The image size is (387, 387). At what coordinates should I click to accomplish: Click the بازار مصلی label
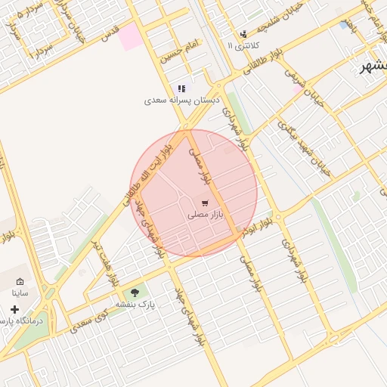[206, 215]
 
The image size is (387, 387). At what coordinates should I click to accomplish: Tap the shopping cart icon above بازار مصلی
[205, 203]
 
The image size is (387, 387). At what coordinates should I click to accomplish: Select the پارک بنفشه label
[135, 304]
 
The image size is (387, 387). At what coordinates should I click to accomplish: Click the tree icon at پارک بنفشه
[135, 293]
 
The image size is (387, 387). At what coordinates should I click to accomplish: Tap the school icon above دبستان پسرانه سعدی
[181, 88]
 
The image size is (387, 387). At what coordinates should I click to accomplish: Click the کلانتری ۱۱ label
[241, 45]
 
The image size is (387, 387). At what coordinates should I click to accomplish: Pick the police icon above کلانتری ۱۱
[243, 34]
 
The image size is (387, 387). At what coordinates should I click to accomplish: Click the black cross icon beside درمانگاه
[14, 309]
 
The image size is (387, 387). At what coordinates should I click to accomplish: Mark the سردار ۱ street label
[39, 52]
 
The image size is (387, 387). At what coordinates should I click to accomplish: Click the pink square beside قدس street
[132, 36]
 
